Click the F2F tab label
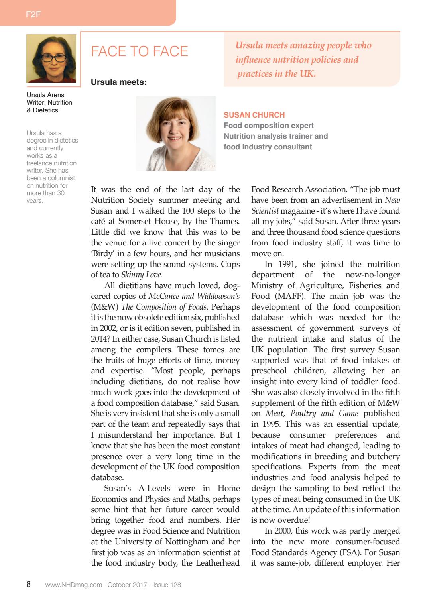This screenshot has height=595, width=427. [x=33, y=14]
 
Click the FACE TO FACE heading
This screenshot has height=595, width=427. [x=139, y=51]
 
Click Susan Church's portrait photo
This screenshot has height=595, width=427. [x=175, y=133]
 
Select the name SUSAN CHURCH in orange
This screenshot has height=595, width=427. [x=254, y=115]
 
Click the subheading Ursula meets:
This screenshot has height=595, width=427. [x=119, y=82]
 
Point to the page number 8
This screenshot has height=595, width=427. [x=28, y=585]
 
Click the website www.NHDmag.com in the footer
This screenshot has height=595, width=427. [x=74, y=585]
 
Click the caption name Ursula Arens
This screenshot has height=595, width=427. [x=45, y=95]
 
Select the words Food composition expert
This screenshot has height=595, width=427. [x=268, y=126]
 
